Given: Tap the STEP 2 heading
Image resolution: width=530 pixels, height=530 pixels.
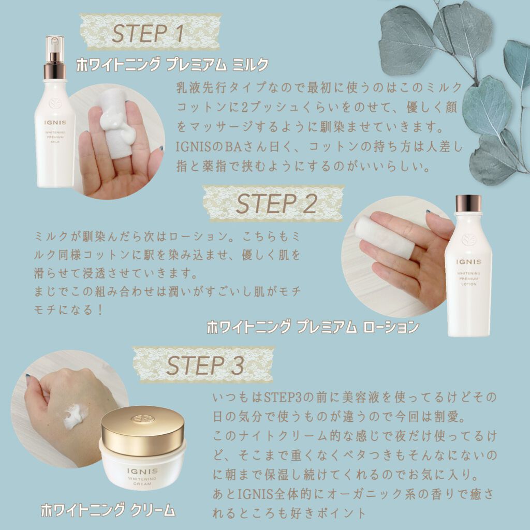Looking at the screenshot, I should coord(275,204).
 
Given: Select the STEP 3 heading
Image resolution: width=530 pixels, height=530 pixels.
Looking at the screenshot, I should coord(204,365).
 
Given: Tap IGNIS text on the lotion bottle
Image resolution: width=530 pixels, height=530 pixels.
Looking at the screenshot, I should coord(469,262).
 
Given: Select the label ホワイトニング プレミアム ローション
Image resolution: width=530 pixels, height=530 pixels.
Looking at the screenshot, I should coord(313,327).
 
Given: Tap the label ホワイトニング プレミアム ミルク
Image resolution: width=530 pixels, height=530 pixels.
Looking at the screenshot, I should coord(172,65).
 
